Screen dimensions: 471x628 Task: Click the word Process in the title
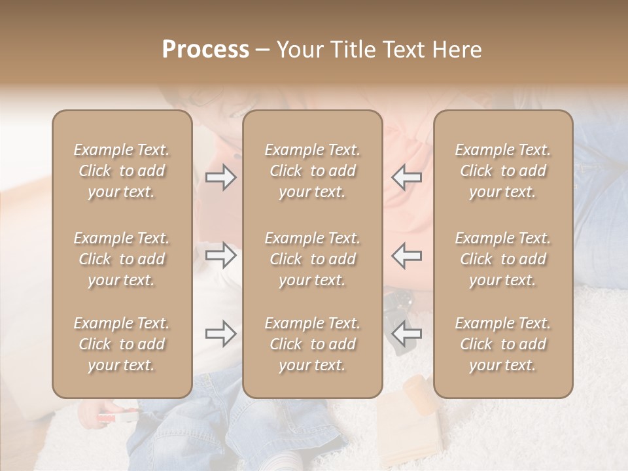coord(205,50)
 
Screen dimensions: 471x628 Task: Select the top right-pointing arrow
coord(221,177)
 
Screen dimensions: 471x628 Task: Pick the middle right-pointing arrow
coord(221,255)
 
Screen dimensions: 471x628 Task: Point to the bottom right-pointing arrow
coord(221,334)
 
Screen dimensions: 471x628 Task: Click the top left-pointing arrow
coord(406,177)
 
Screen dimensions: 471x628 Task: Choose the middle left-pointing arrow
coord(406,255)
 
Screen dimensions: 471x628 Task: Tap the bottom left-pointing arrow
coord(406,334)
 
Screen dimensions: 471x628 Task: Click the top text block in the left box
coord(122,171)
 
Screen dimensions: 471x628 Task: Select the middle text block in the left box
coord(122,259)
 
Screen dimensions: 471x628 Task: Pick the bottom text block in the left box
coord(122,344)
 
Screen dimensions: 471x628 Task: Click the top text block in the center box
coord(313,171)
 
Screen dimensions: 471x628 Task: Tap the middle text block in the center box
coord(313,259)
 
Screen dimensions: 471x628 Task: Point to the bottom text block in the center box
coord(313,344)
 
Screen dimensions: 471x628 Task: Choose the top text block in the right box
coord(503,171)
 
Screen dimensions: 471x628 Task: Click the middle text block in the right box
coord(503,259)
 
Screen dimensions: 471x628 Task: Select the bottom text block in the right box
coord(503,344)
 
